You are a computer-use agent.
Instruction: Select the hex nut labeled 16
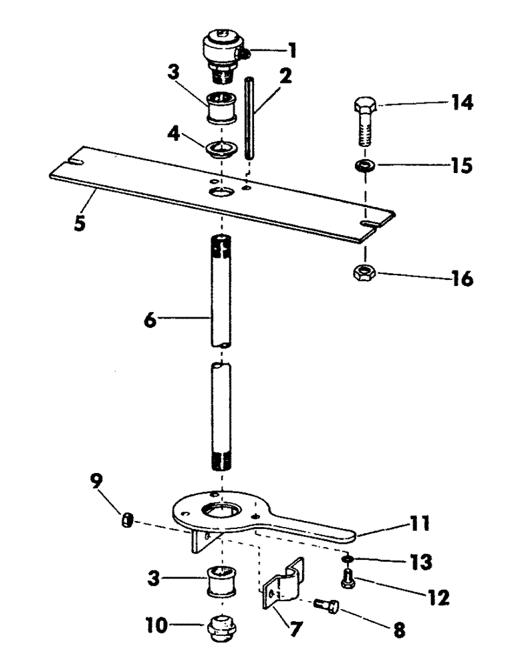(x=365, y=272)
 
